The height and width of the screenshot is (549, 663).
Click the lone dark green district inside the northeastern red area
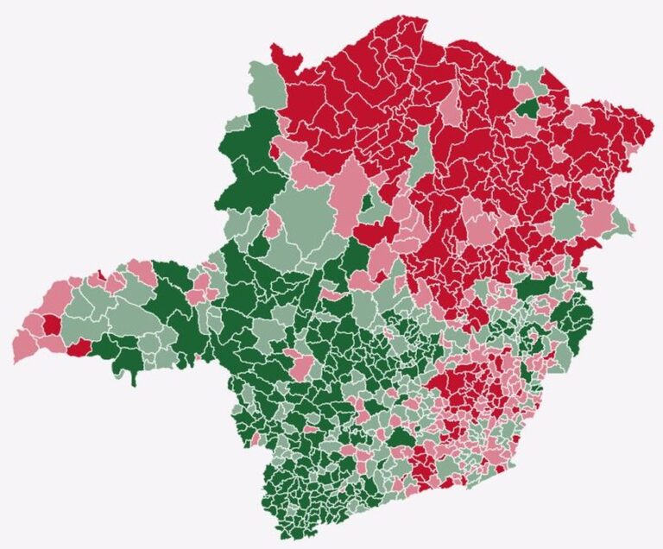[527, 109]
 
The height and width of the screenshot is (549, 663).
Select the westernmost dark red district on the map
[52, 325]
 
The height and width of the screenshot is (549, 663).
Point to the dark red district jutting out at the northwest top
[286, 59]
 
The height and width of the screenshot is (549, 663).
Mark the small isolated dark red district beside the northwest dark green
[275, 151]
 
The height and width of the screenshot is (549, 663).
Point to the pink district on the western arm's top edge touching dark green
[143, 274]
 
